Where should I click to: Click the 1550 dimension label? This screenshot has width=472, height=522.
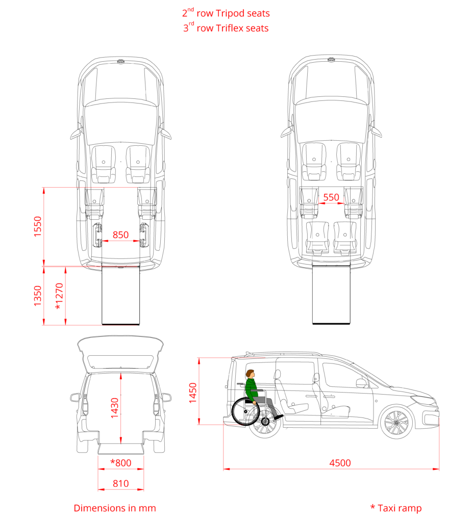38,227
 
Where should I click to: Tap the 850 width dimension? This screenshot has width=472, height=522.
120,234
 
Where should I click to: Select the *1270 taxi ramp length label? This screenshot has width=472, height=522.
59,296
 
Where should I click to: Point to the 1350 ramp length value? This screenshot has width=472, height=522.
38,296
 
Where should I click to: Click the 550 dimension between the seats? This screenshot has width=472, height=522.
331,197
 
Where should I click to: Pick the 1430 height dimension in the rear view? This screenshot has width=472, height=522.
114,408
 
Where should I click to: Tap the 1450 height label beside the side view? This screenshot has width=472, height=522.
193,393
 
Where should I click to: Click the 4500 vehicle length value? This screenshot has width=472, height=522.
340,463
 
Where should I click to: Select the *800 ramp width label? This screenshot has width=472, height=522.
120,463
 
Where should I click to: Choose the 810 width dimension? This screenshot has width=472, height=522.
120,483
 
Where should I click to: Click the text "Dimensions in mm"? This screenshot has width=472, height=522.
115,508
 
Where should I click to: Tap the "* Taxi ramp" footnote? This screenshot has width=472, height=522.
396,508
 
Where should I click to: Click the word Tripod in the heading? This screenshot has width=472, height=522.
230,13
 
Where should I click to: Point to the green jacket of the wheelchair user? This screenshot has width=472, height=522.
252,389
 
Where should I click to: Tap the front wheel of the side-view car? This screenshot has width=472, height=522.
396,423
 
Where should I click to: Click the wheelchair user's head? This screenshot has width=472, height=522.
250,374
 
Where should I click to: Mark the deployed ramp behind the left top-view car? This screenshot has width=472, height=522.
120,295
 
